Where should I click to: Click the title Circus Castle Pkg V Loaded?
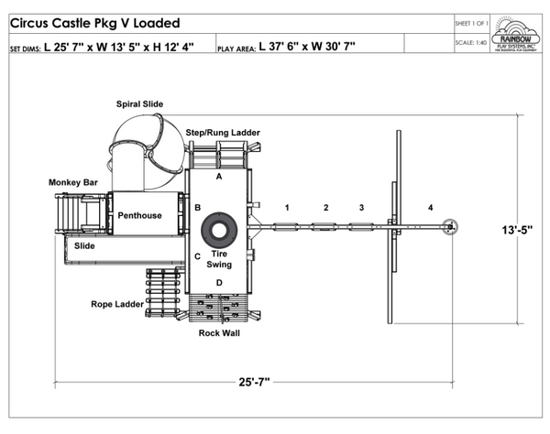pyautogui.click(x=94, y=23)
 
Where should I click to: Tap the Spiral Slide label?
pyautogui.click(x=139, y=104)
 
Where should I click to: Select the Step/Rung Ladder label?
pyautogui.click(x=223, y=133)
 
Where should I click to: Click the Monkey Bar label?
pyautogui.click(x=73, y=183)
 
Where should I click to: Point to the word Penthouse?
pyautogui.click(x=139, y=216)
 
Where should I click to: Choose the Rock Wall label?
pyautogui.click(x=219, y=332)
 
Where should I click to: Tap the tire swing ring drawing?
pyautogui.click(x=220, y=229)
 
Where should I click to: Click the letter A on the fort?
pyautogui.click(x=219, y=177)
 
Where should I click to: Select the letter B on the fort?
pyautogui.click(x=197, y=209)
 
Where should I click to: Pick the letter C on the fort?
pyautogui.click(x=197, y=256)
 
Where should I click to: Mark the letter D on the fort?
pyautogui.click(x=219, y=283)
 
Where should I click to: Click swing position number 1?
pyautogui.click(x=287, y=208)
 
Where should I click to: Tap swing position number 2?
pyautogui.click(x=324, y=208)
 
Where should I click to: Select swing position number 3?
pyautogui.click(x=361, y=208)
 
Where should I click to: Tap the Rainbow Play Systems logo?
pyautogui.click(x=517, y=34)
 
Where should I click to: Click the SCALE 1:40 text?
pyautogui.click(x=470, y=43)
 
